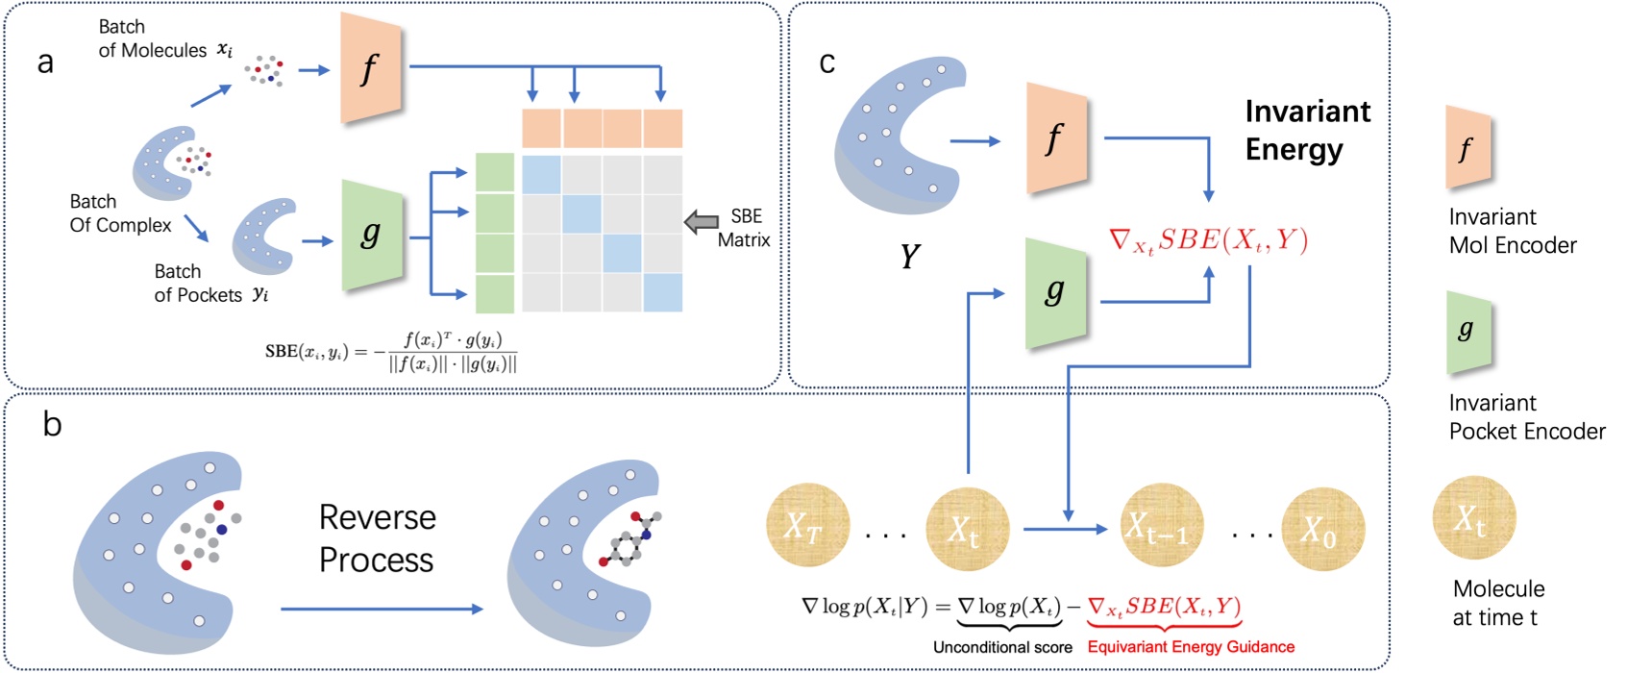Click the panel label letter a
[x=45, y=63]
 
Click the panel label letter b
[x=52, y=424]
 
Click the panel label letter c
[x=826, y=63]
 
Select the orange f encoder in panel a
[x=371, y=69]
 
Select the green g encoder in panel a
[x=371, y=234]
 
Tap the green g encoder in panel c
[x=1056, y=292]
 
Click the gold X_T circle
[x=807, y=527]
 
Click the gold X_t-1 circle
[x=1162, y=527]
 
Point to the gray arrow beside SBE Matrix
[x=702, y=223]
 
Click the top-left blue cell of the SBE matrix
[x=542, y=175]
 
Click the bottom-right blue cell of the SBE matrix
[x=662, y=292]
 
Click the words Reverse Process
[x=377, y=538]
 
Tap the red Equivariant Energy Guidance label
[x=1191, y=647]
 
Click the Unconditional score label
[x=1002, y=647]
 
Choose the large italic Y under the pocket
[x=909, y=257]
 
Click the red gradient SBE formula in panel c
[x=1208, y=240]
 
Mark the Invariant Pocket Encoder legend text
[x=1526, y=417]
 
